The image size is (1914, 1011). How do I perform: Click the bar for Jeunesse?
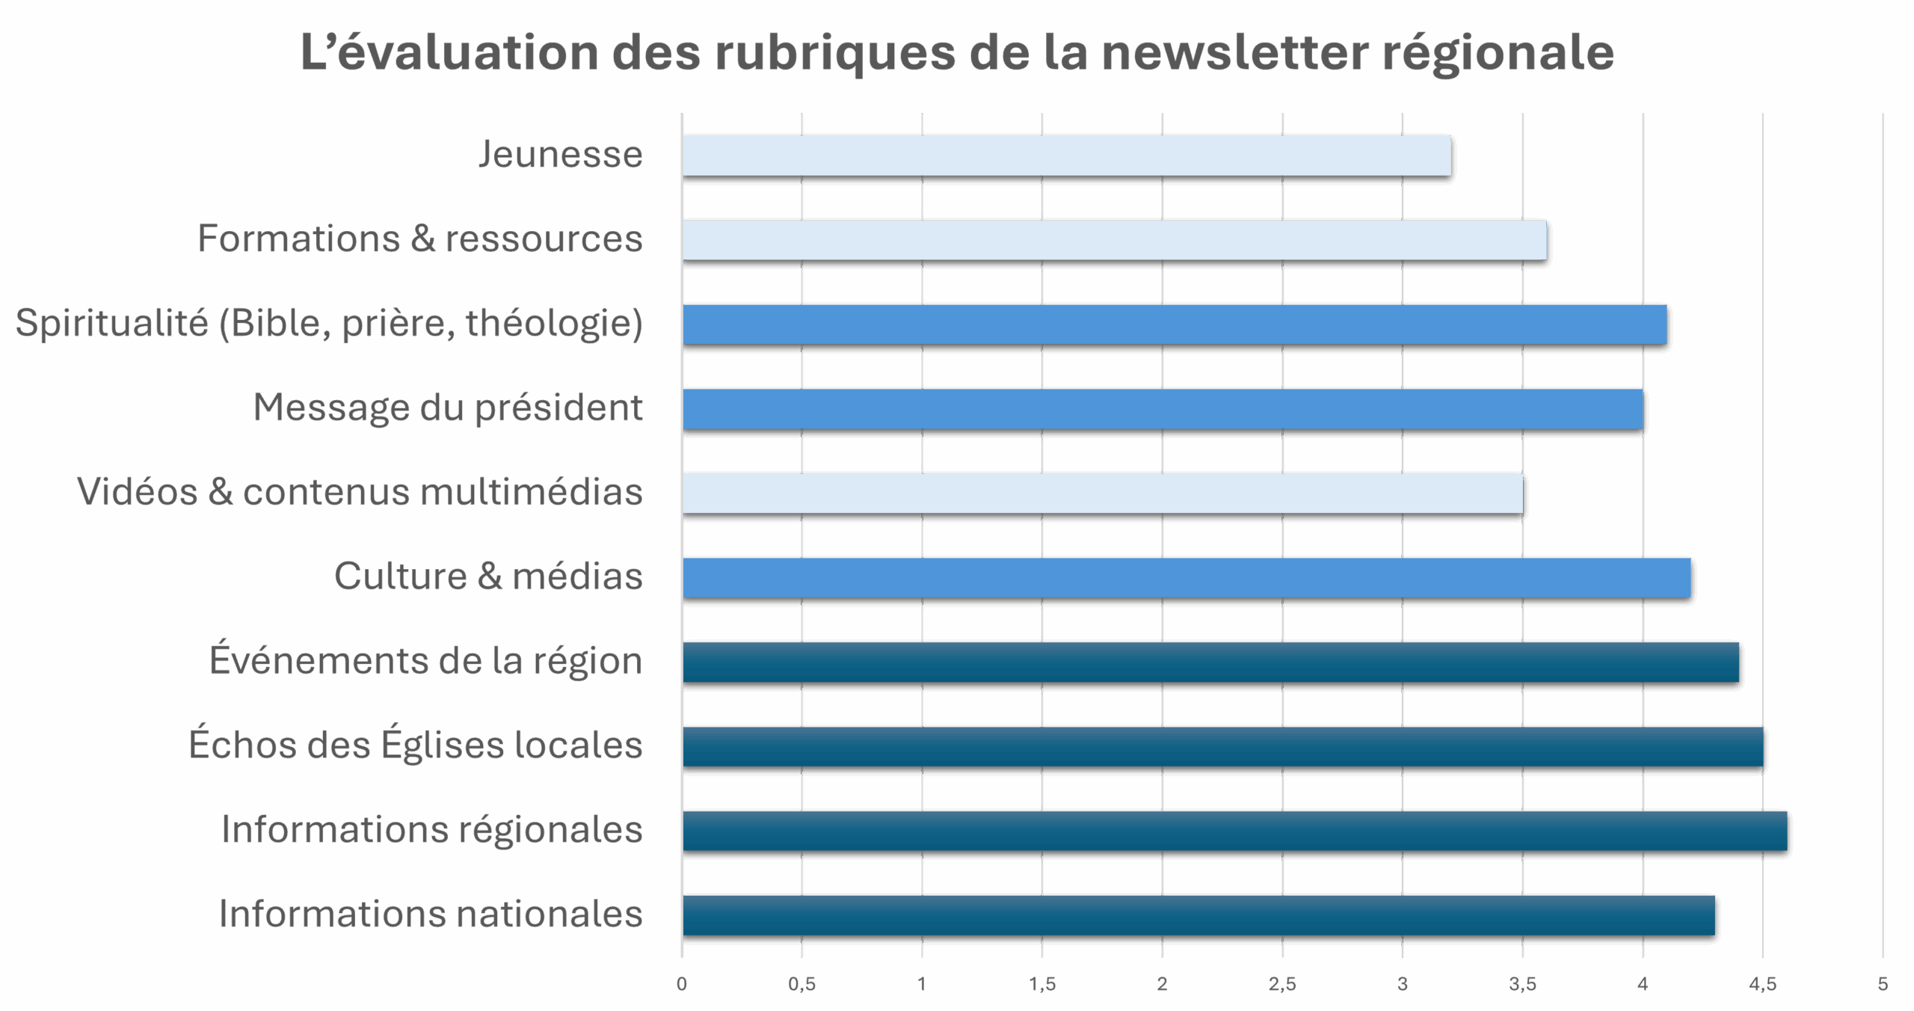[x=1066, y=156]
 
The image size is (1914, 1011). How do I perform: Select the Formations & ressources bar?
[x=1114, y=240]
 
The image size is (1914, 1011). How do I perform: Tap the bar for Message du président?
[x=1162, y=408]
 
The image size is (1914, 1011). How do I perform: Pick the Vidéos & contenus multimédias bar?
[x=1102, y=493]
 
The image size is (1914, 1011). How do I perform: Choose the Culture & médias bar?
[x=1186, y=577]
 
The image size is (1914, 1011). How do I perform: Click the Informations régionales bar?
[x=1234, y=831]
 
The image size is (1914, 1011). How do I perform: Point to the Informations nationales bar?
[x=1198, y=915]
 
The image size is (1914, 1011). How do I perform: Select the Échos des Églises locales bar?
[x=1222, y=746]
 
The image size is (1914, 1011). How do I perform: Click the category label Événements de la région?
[x=425, y=661]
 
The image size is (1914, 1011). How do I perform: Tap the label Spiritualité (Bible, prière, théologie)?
[x=329, y=324]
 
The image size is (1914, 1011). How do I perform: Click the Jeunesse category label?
[x=561, y=155]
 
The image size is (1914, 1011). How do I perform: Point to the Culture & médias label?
[x=488, y=577]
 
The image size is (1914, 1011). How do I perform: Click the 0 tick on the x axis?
[x=681, y=985]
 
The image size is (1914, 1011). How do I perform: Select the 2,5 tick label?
[x=1282, y=985]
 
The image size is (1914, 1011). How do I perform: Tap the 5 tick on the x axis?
[x=1883, y=985]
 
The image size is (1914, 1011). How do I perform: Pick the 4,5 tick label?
[x=1762, y=985]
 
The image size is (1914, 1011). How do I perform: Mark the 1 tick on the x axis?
[x=922, y=985]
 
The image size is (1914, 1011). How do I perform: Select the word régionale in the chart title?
[x=1498, y=52]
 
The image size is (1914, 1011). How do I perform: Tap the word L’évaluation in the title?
[x=449, y=52]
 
